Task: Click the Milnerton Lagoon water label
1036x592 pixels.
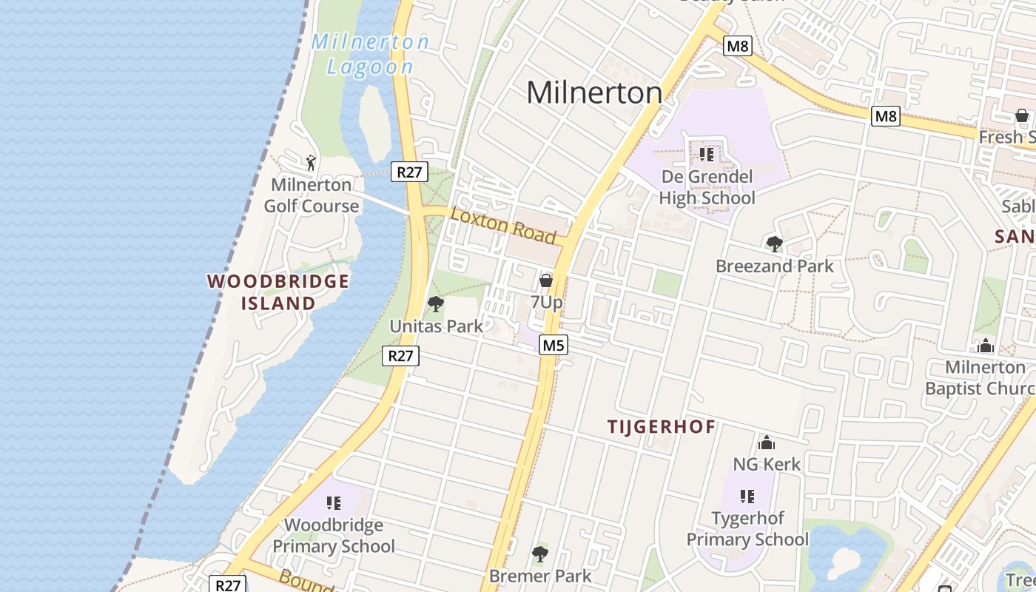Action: click(x=370, y=54)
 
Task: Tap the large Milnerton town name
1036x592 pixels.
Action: click(x=594, y=92)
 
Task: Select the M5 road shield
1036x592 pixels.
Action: click(x=553, y=345)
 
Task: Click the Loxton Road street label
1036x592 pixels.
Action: click(x=503, y=225)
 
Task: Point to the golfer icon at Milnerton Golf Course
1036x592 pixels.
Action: click(x=311, y=162)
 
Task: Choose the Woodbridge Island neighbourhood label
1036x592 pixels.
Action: click(x=278, y=292)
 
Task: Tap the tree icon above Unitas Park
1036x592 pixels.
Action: click(x=436, y=304)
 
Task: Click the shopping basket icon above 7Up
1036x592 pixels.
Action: click(x=546, y=280)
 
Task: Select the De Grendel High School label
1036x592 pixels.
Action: click(x=707, y=187)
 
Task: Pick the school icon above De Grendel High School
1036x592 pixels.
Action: click(x=706, y=155)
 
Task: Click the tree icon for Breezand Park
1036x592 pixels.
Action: click(x=774, y=244)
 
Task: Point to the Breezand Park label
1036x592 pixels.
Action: click(x=774, y=266)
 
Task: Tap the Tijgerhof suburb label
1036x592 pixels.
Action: click(x=662, y=427)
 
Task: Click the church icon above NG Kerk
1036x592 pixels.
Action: click(x=767, y=443)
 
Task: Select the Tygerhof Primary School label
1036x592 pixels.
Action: click(x=747, y=528)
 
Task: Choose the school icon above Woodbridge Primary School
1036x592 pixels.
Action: click(x=334, y=503)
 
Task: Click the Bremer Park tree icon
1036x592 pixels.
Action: click(x=540, y=554)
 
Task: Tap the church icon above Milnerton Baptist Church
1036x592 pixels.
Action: click(x=985, y=346)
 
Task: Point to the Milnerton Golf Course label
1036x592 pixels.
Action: click(x=312, y=195)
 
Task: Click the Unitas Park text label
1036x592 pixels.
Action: click(x=436, y=326)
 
